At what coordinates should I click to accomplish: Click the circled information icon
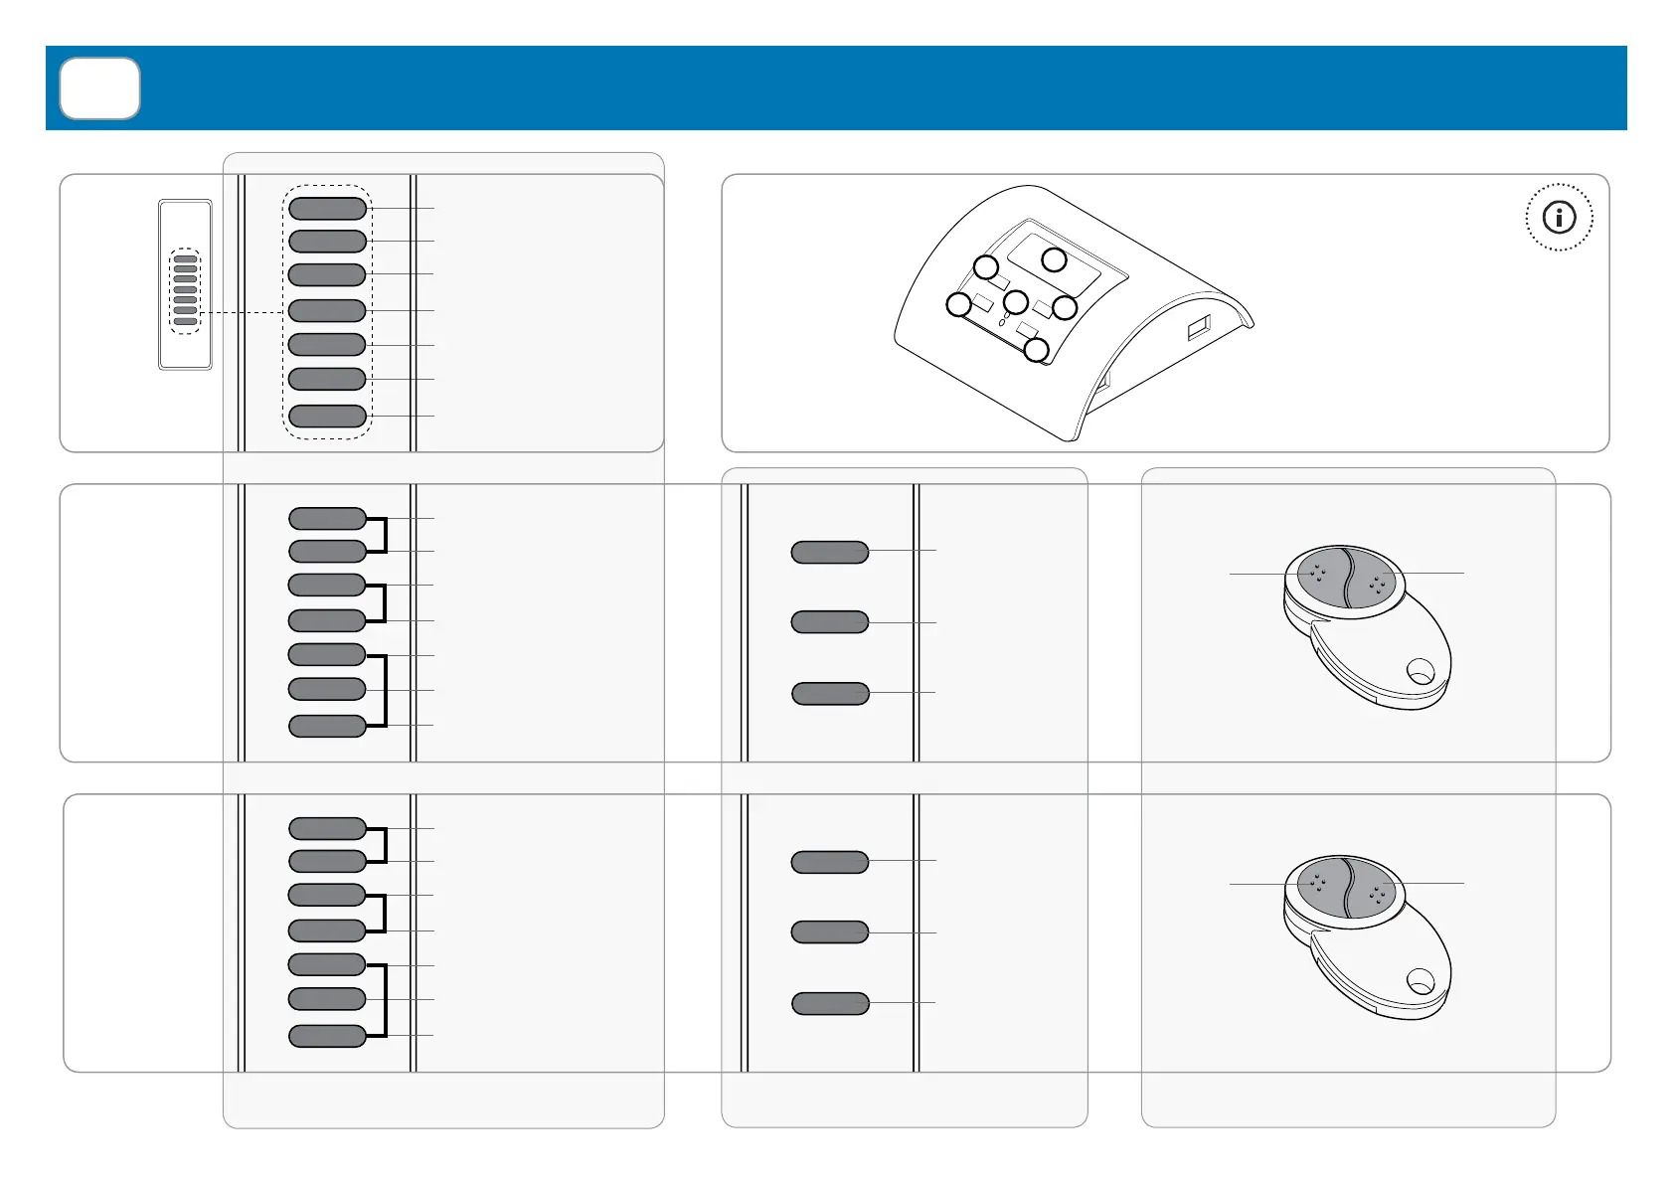click(1559, 217)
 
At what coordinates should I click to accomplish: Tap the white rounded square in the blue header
click(99, 88)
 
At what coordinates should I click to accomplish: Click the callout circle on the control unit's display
click(1054, 260)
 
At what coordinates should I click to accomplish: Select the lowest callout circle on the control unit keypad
click(1036, 350)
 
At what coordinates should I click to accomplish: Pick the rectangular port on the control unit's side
click(1198, 327)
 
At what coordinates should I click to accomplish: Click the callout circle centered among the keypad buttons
click(1015, 301)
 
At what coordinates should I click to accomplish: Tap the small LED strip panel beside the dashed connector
click(186, 285)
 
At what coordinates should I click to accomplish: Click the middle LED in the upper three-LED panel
click(830, 622)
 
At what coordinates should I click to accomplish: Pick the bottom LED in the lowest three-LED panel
click(830, 1003)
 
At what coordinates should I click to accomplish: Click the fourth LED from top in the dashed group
click(327, 310)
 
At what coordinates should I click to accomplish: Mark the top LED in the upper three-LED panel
click(830, 552)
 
